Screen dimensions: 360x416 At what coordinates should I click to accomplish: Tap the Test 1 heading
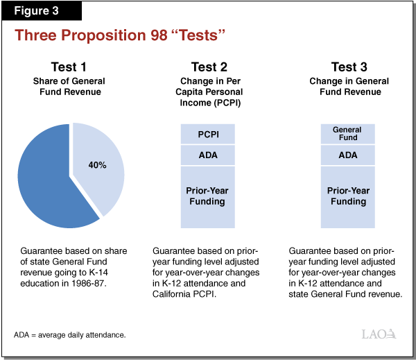[x=69, y=67]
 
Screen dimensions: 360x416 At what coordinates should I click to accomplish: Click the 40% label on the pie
[x=98, y=165]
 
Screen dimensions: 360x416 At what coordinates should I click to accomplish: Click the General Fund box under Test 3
[x=347, y=133]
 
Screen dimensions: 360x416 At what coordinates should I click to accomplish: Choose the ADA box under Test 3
[x=347, y=155]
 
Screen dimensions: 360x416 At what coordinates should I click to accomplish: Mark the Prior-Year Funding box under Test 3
[x=347, y=196]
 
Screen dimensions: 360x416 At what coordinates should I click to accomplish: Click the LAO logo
[x=380, y=334]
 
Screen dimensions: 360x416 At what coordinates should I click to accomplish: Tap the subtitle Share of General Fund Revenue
[x=69, y=87]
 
